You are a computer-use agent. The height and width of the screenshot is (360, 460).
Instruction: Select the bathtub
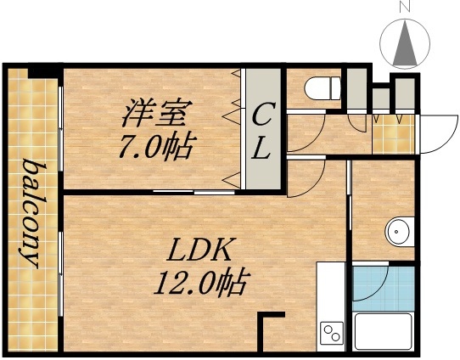383,330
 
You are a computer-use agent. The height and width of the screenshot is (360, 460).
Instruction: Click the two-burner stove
331,334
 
